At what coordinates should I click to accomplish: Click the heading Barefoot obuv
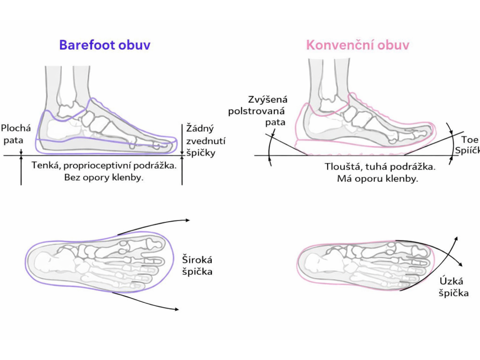pos(105,45)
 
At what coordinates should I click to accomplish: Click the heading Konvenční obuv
pos(358,45)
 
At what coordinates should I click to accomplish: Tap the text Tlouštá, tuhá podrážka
pos(380,166)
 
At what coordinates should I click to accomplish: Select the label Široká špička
pos(197,265)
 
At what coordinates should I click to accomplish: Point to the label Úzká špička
pos(453,287)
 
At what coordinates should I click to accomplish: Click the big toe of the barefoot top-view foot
pos(154,243)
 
